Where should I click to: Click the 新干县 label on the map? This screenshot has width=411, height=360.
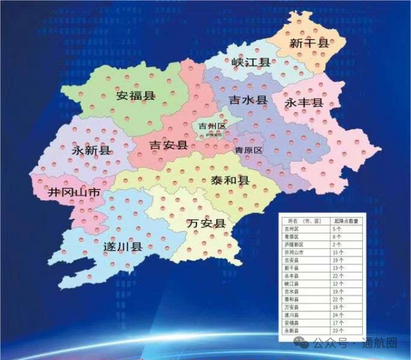[309, 44]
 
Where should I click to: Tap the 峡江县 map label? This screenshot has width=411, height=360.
[250, 62]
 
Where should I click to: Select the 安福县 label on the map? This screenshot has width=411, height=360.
[136, 96]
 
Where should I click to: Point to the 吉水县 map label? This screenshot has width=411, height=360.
[248, 101]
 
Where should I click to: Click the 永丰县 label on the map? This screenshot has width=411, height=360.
[304, 103]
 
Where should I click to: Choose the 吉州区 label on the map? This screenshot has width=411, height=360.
[212, 126]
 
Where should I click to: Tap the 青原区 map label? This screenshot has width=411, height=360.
[249, 150]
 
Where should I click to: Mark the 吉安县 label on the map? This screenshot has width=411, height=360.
[168, 145]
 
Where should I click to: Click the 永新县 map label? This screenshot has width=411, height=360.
[89, 150]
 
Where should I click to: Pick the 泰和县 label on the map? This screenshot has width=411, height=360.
[229, 180]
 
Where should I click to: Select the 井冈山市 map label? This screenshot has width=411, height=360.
[74, 192]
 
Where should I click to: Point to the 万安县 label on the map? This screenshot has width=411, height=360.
[205, 223]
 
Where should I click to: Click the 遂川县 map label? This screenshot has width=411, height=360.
[122, 246]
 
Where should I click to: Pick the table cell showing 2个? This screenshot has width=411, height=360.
[337, 244]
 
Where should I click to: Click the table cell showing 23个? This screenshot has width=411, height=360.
[338, 332]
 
